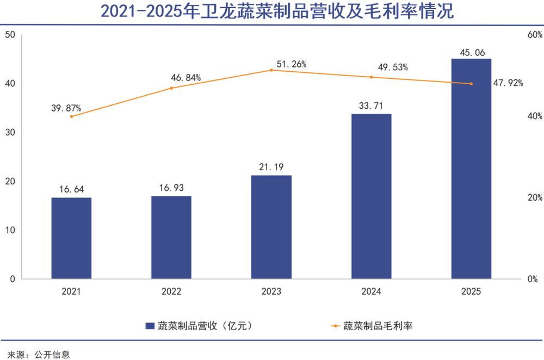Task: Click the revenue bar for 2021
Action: pos(71,238)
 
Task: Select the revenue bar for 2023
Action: pos(271,227)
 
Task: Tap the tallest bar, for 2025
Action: pos(471,169)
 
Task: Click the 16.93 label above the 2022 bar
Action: pos(171,188)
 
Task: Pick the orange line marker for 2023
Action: pos(271,70)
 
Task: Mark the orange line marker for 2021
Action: pos(71,116)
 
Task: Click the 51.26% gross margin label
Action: pos(292,64)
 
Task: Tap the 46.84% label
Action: pos(186,78)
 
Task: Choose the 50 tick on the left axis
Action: pos(9,35)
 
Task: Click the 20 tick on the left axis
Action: pos(9,181)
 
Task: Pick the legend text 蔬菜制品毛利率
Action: pos(378,326)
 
